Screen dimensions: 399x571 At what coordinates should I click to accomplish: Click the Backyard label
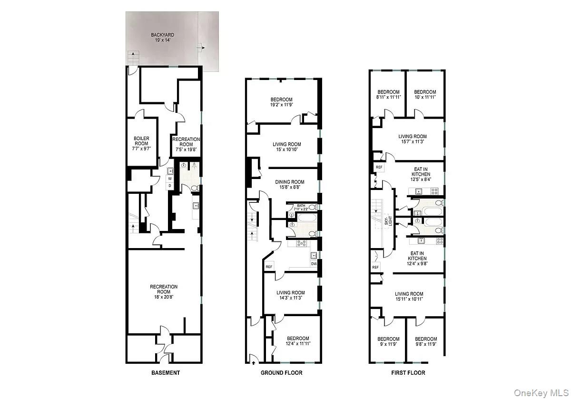(x=163, y=38)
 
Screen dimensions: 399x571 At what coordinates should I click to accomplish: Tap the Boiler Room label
(x=141, y=143)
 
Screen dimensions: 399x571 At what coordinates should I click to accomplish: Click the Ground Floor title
(x=281, y=372)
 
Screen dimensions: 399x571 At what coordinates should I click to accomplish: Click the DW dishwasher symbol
(x=314, y=264)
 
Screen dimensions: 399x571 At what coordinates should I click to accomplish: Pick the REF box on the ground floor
(x=269, y=267)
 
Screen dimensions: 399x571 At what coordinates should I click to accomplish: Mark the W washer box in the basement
(x=169, y=179)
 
